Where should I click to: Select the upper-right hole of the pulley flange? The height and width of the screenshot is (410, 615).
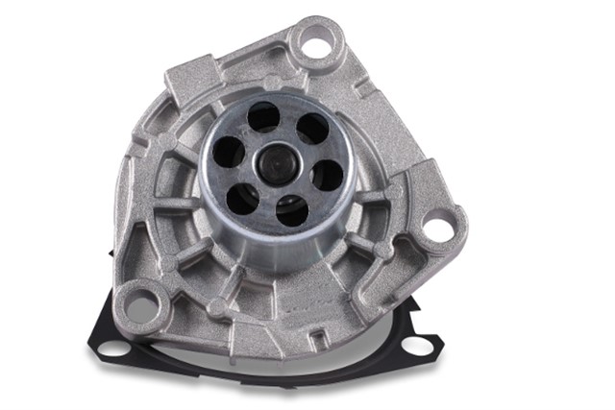pyautogui.click(x=311, y=129)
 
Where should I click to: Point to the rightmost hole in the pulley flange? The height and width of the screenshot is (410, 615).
pyautogui.click(x=327, y=175)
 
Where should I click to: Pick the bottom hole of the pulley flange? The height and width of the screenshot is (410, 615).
pyautogui.click(x=291, y=209)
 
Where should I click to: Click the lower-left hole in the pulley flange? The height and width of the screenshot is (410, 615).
pyautogui.click(x=242, y=198)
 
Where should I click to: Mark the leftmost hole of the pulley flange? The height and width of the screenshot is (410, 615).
pyautogui.click(x=228, y=152)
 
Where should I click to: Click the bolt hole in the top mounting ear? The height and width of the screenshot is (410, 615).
pyautogui.click(x=315, y=39)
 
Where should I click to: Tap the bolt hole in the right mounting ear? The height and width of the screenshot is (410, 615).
pyautogui.click(x=436, y=229)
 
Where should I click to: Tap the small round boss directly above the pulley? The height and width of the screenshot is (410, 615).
pyautogui.click(x=277, y=81)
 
